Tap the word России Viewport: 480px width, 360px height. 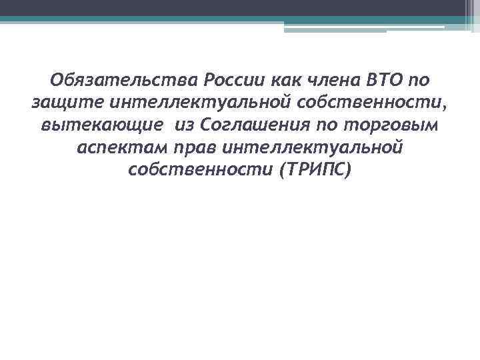(235, 81)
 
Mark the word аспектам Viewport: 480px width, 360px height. (119, 147)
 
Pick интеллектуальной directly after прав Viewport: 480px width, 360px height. (313, 147)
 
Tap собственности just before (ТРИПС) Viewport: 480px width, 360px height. (200, 169)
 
